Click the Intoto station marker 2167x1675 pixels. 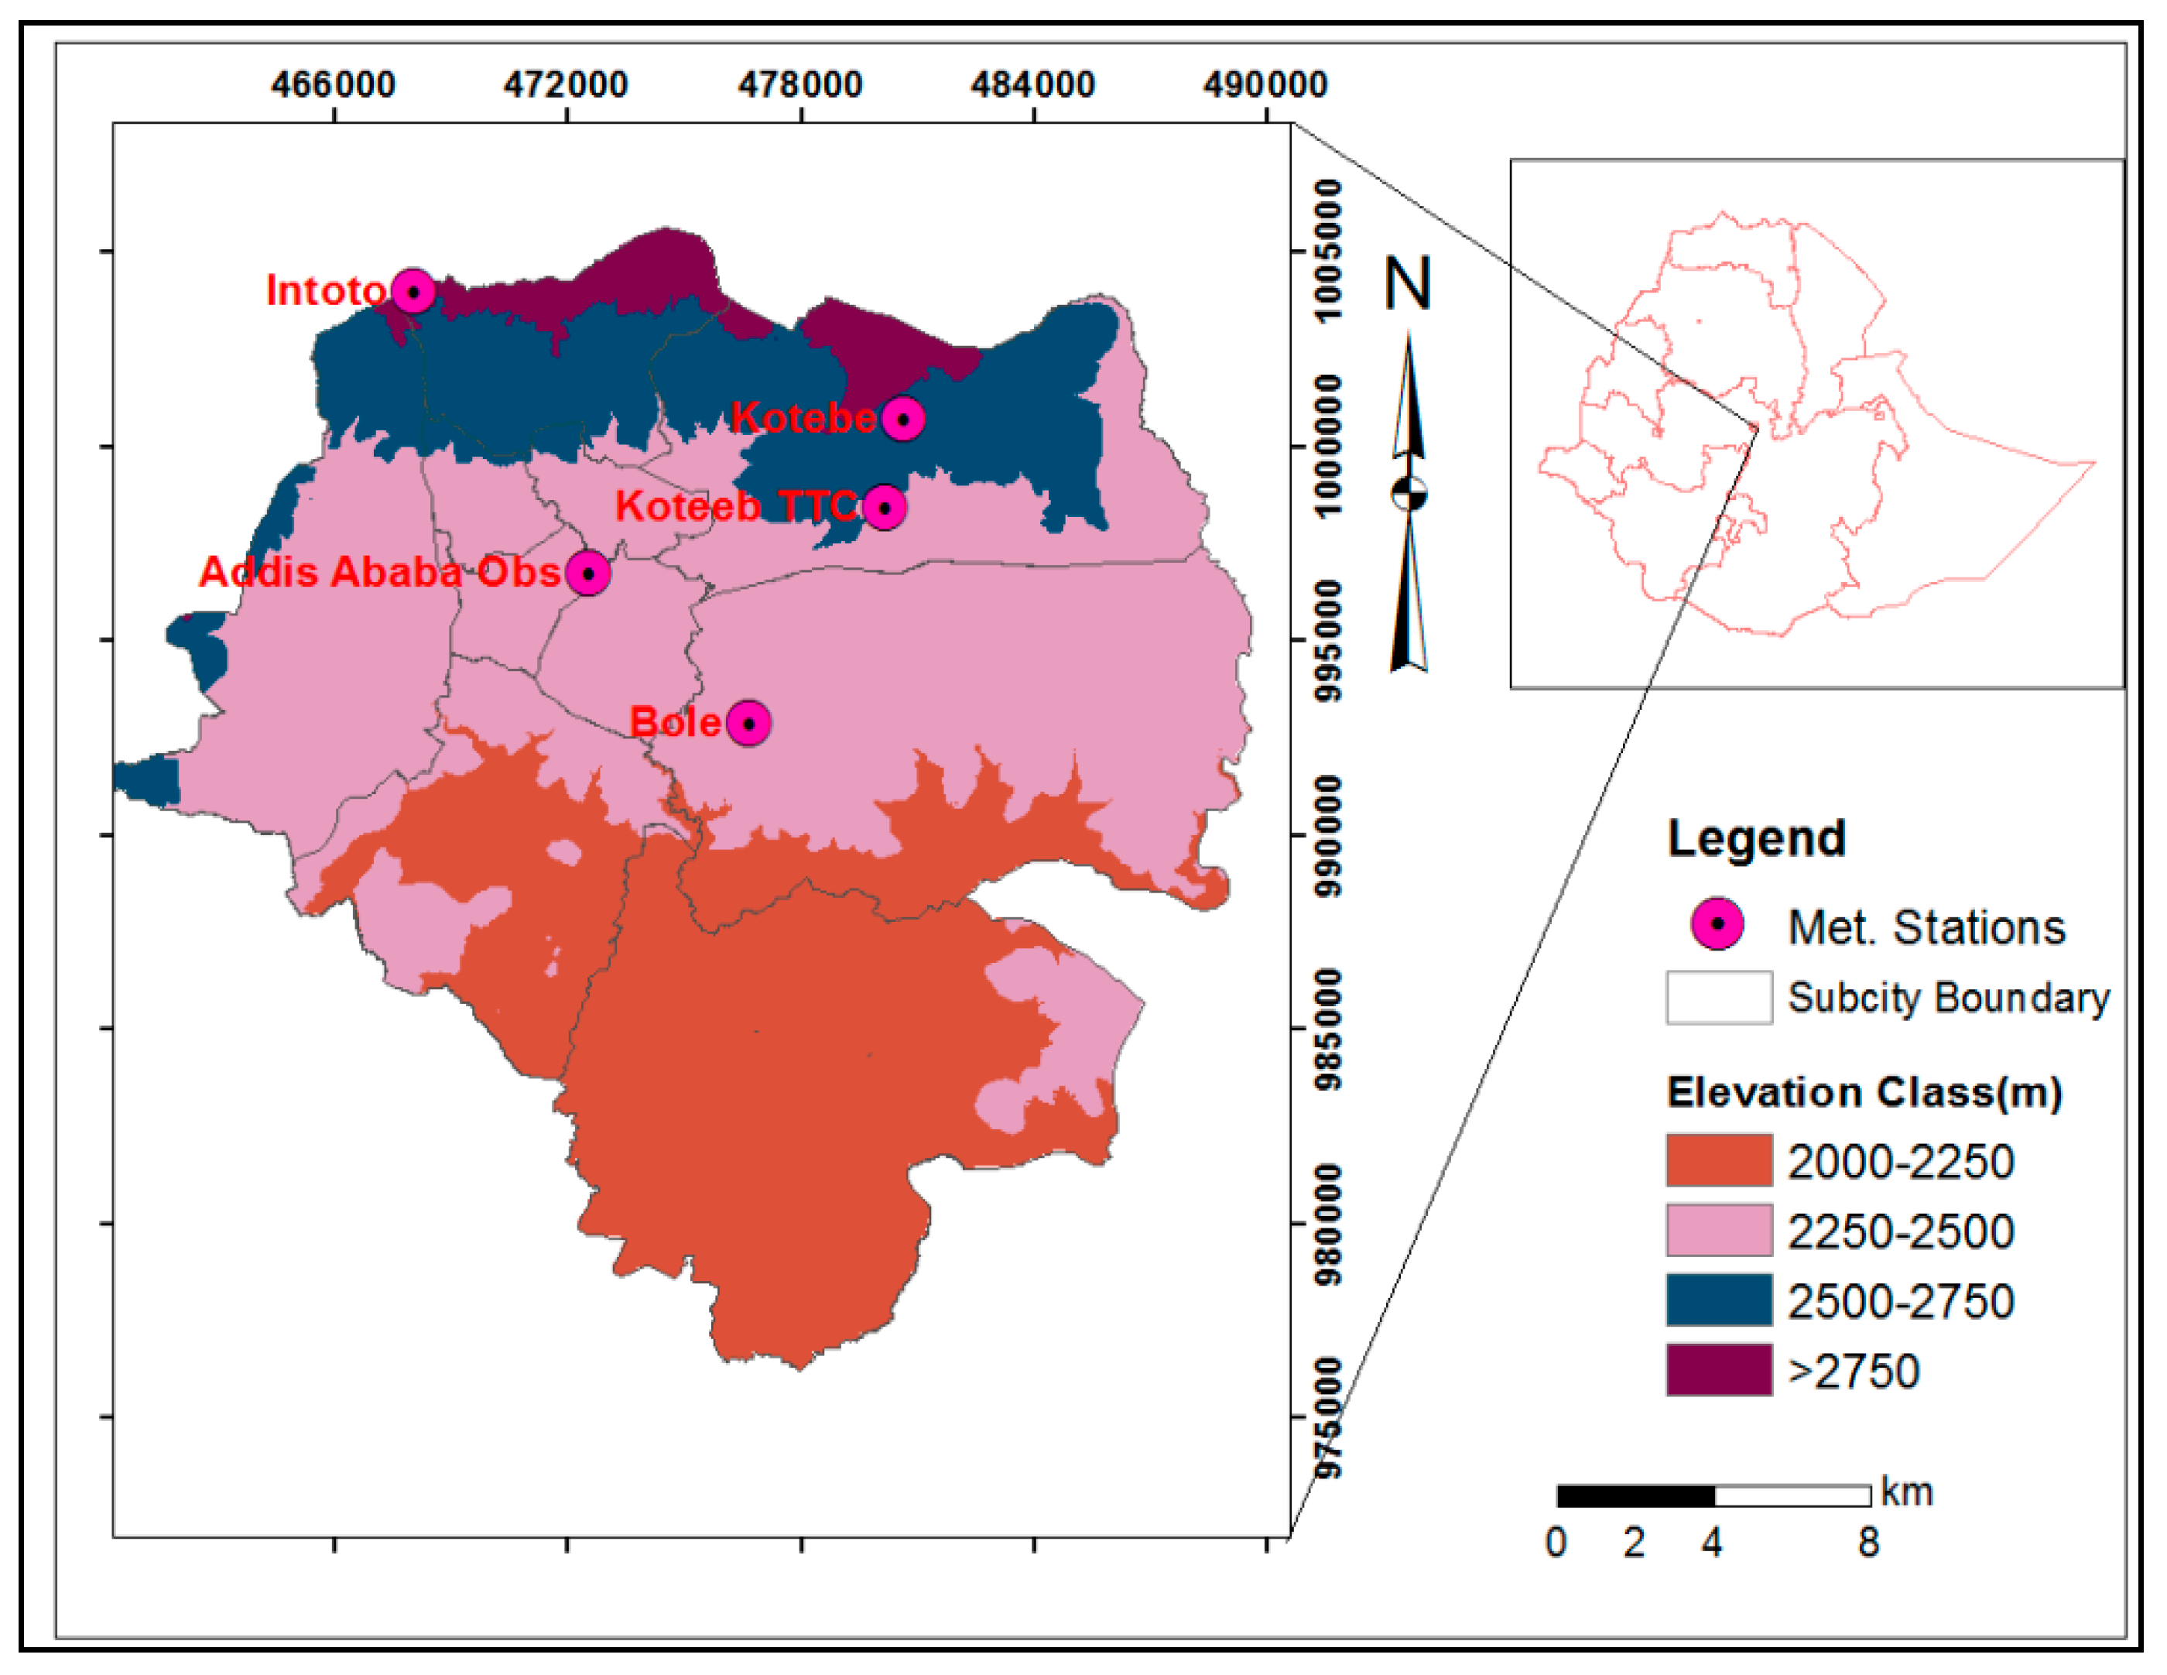[x=413, y=292]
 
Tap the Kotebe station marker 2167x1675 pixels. [x=903, y=419]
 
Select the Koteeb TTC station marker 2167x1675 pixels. [x=884, y=508]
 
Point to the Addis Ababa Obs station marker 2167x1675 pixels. [x=588, y=574]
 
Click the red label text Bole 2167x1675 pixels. [x=675, y=722]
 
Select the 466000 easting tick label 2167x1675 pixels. [x=334, y=84]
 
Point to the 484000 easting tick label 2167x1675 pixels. [x=1033, y=84]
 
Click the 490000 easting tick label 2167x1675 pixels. [x=1265, y=84]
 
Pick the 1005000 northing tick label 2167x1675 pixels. [x=1327, y=250]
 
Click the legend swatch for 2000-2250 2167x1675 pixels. [x=1719, y=1161]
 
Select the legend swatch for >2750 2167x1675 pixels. [x=1719, y=1370]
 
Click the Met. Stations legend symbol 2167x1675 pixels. [x=1717, y=924]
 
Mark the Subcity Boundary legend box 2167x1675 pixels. [x=1719, y=997]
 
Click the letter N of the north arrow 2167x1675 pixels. [x=1408, y=284]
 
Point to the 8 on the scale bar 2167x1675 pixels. [x=1868, y=1543]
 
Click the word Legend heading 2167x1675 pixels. [x=1756, y=838]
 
